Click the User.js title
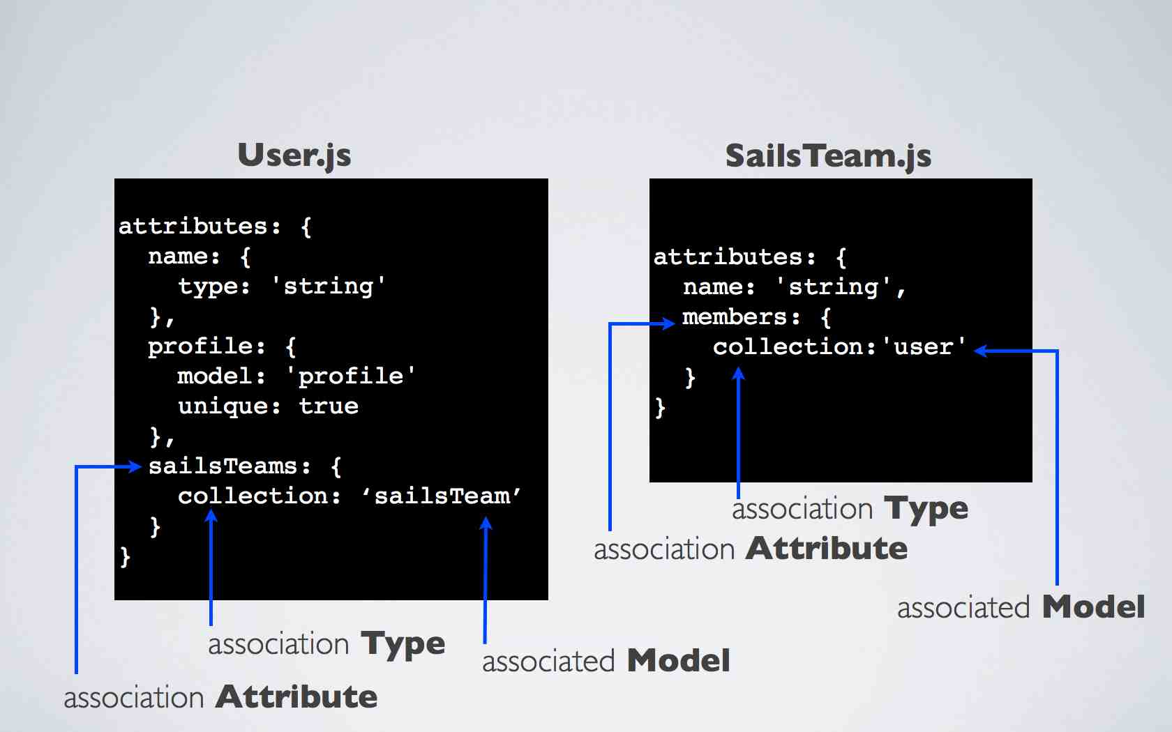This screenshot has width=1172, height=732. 294,155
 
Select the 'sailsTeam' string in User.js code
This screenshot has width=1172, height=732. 441,496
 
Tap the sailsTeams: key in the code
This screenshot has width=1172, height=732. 230,466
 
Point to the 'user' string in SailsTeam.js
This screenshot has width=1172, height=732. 924,346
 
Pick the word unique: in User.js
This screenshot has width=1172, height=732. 229,406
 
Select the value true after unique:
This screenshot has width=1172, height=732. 329,406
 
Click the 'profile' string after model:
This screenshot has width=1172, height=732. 351,376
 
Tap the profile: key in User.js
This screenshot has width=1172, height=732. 206,346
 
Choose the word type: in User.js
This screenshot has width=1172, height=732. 214,287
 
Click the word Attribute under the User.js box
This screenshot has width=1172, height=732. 296,696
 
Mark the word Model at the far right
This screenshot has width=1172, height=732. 1093,607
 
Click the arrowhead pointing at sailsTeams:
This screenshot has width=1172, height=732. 136,466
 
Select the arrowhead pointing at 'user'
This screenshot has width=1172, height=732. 981,351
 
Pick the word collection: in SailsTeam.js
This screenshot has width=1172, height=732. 794,346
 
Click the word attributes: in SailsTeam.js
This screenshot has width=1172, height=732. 734,257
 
